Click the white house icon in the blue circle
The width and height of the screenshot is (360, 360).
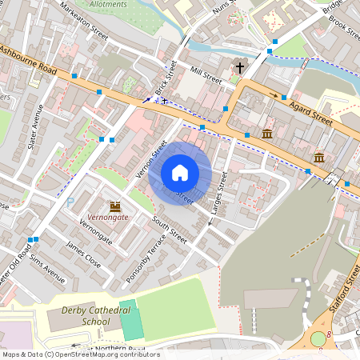click(180, 173)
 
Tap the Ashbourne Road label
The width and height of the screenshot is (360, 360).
click(28, 60)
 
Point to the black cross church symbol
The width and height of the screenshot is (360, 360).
click(239, 67)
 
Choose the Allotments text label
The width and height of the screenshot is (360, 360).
click(106, 4)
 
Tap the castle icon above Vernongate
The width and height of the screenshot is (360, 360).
click(114, 206)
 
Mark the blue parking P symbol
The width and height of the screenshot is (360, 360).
click(70, 202)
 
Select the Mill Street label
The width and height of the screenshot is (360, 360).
click(206, 74)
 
